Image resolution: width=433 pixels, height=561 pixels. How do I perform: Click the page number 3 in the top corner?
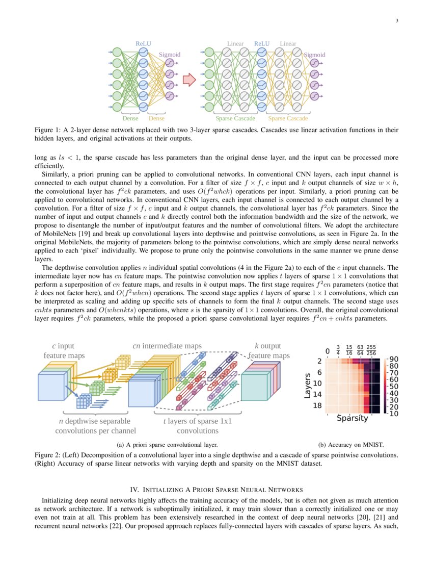point(396,20)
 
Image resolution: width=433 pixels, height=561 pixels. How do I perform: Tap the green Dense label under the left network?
point(130,118)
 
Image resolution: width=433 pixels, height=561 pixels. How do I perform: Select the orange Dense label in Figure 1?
point(156,118)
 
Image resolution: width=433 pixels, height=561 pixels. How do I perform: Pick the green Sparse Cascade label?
point(235,118)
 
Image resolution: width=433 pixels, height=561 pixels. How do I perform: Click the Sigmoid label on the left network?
point(170,54)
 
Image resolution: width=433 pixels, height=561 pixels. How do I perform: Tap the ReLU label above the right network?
point(262,44)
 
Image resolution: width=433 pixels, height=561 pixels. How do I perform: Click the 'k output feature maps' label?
point(268,351)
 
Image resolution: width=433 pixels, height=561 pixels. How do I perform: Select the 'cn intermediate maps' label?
point(167,346)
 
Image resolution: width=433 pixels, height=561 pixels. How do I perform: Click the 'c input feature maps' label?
point(64,351)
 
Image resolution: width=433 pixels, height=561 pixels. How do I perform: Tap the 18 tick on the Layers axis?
point(317,405)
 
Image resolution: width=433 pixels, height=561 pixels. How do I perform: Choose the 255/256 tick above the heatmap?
point(371,350)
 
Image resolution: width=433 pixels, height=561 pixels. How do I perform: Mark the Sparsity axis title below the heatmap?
point(351,419)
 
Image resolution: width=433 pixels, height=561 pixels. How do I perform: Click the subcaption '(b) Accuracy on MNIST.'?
point(351,445)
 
